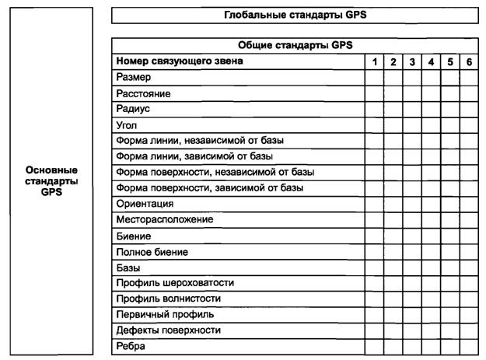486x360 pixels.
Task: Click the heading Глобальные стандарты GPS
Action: [x=295, y=15]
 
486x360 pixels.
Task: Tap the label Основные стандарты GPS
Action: [x=52, y=180]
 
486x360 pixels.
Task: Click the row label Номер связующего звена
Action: [x=180, y=61]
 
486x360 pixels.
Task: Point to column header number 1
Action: [x=375, y=61]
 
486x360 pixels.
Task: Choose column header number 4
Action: [x=431, y=61]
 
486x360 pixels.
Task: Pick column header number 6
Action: [x=469, y=61]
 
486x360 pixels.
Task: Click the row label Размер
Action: [x=133, y=77]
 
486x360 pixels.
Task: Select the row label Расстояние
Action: [x=143, y=93]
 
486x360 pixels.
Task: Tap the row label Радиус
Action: [x=133, y=109]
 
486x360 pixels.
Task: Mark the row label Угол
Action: [x=127, y=124]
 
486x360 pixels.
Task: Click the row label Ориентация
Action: [x=145, y=204]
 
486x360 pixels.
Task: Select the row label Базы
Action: [x=128, y=267]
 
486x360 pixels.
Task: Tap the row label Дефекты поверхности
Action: [x=167, y=330]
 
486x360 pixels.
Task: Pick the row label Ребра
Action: [x=131, y=346]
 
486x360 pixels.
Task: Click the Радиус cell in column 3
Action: [x=412, y=109]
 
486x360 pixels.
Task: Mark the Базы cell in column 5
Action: [x=450, y=267]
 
